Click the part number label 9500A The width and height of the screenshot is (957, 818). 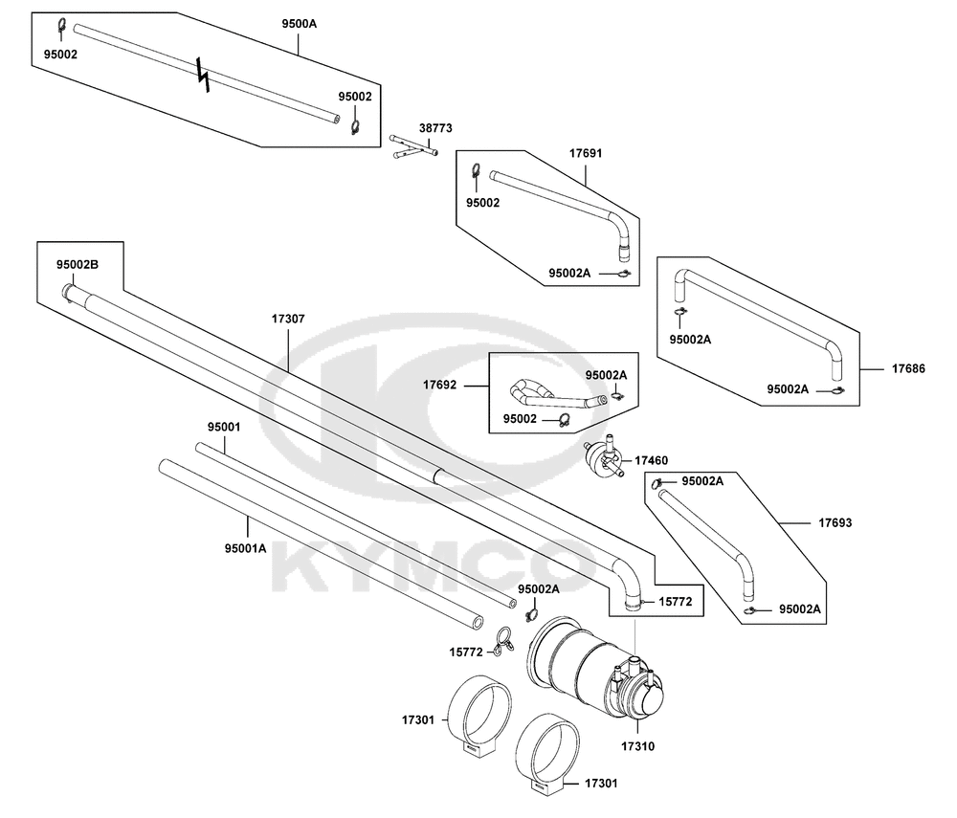tap(299, 24)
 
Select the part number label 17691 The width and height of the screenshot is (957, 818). tap(586, 153)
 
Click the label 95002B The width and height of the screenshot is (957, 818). tap(78, 264)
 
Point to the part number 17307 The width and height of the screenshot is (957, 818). tap(288, 319)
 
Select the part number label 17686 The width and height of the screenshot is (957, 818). tap(908, 368)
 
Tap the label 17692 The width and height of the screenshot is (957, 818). tap(439, 385)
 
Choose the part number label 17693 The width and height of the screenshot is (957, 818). tap(835, 522)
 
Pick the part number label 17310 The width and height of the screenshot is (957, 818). tap(637, 746)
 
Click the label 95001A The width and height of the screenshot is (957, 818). tap(245, 548)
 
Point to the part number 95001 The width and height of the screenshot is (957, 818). tap(224, 427)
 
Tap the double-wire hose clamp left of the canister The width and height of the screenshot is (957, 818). tap(503, 641)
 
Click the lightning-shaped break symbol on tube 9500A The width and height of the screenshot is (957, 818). tap(204, 75)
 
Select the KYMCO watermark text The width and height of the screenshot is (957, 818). tap(434, 567)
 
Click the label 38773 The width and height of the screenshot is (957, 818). tap(435, 128)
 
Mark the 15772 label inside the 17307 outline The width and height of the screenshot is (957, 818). tap(675, 602)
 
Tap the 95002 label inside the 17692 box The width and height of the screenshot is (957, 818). tap(520, 418)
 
